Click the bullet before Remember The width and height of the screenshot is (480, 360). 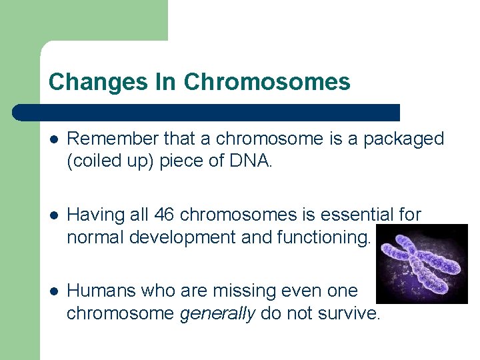click(x=54, y=139)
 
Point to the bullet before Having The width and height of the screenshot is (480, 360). click(x=54, y=215)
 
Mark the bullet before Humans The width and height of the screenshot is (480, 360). click(x=54, y=291)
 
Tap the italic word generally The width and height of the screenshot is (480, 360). click(x=217, y=313)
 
